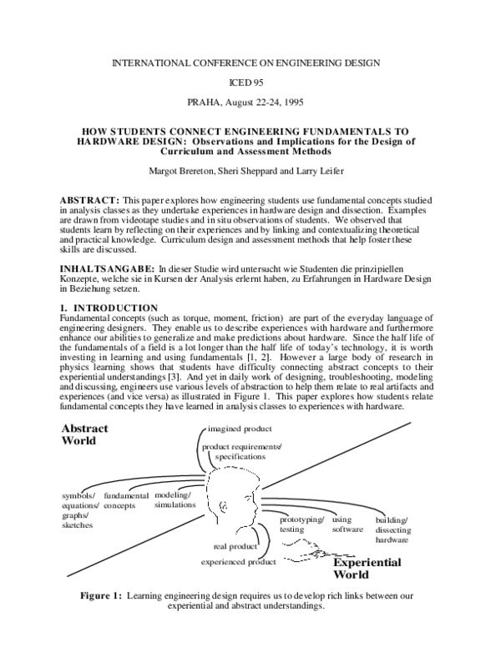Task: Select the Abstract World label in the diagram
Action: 84,434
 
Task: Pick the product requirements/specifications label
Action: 240,452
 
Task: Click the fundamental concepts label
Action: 126,500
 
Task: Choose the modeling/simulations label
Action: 174,500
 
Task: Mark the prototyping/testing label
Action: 301,524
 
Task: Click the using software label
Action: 347,524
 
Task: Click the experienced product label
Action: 238,563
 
